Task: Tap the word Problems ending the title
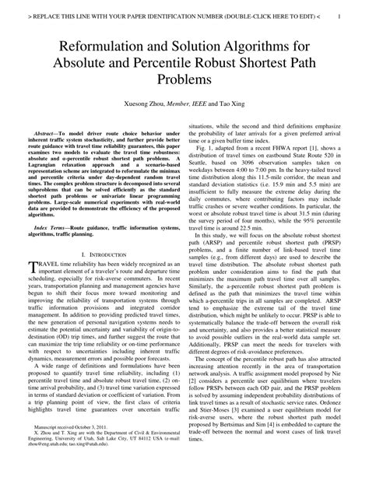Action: pos(184,79)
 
